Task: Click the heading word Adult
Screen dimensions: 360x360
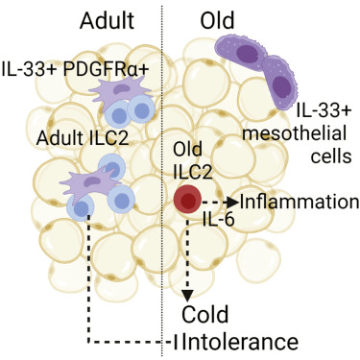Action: click(107, 20)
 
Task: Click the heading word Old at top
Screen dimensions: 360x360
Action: click(217, 20)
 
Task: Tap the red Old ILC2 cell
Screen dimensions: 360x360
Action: click(187, 199)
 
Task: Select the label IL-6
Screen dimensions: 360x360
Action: click(219, 220)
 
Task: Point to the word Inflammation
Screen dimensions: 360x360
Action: click(300, 202)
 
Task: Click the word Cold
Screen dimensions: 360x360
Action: click(205, 314)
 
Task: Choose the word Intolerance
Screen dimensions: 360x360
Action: click(242, 342)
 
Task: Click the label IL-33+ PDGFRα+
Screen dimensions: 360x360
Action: click(76, 69)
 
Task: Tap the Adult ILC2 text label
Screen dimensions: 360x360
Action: click(83, 138)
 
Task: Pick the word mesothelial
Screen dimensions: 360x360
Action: click(294, 133)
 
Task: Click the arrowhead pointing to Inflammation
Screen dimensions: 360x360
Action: click(233, 202)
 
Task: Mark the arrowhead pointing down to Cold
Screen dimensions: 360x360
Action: click(187, 296)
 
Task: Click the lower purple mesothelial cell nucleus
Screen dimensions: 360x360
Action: click(281, 86)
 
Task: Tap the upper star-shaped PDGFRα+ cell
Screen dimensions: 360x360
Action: click(119, 93)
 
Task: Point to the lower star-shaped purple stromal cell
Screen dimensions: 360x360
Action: click(90, 184)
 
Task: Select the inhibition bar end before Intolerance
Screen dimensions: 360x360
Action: click(176, 343)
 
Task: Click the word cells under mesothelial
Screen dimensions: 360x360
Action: click(332, 156)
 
